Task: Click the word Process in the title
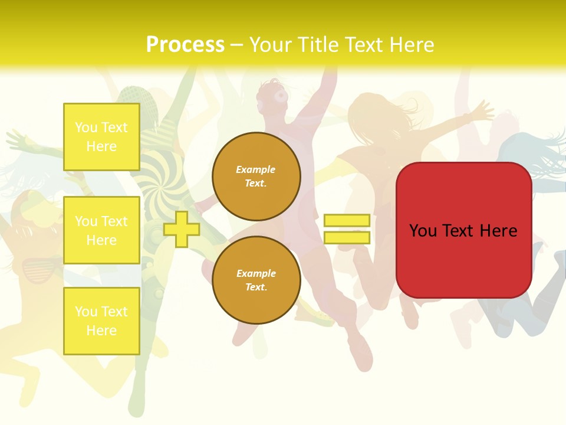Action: (185, 45)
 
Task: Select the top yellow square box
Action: (101, 137)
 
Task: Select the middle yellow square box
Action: (101, 230)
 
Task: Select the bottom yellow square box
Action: (101, 321)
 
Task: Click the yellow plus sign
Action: (182, 229)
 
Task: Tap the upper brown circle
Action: (256, 176)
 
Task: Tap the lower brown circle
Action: (256, 280)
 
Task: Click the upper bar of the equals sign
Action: (347, 221)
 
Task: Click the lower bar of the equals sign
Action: (347, 238)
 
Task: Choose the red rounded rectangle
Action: (463, 230)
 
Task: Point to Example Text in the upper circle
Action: (256, 176)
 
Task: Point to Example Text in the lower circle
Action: (256, 280)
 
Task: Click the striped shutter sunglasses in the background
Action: (41, 269)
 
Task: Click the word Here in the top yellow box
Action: (101, 146)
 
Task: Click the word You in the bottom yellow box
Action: (86, 312)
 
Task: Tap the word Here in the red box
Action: (498, 231)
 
